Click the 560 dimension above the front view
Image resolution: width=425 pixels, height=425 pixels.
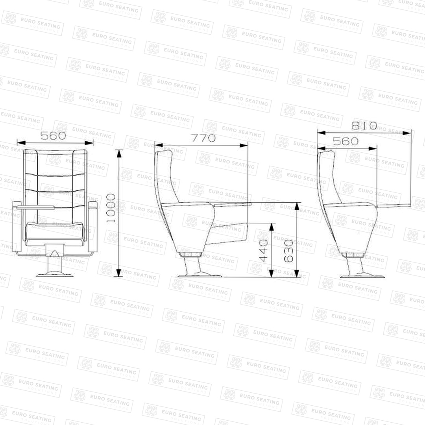53,135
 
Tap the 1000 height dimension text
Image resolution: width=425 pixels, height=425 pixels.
111,208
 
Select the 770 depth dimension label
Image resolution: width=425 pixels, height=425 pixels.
203,138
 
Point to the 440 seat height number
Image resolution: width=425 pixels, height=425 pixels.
263,251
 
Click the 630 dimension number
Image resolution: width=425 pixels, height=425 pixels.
288,251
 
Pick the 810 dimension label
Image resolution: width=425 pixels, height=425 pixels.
364,126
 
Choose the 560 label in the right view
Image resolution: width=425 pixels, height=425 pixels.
346,141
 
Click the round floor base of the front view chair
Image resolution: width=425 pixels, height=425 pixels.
55,275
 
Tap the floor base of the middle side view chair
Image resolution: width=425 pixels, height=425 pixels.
200,275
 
